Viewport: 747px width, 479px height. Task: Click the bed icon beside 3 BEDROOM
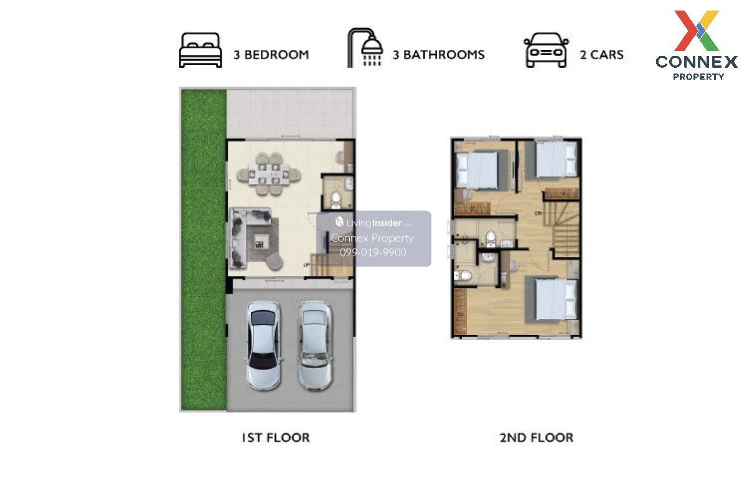click(200, 50)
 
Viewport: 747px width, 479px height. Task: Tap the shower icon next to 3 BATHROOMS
click(365, 48)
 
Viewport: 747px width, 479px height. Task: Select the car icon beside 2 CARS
click(546, 50)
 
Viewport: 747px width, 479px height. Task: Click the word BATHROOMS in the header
click(444, 55)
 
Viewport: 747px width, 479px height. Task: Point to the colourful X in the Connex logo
click(697, 31)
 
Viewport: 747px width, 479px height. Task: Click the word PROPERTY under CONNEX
click(698, 77)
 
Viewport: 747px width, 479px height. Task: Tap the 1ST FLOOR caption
click(275, 438)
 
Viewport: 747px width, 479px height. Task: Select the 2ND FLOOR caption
click(536, 438)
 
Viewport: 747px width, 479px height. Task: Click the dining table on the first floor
click(269, 174)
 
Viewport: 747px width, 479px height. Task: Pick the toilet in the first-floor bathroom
click(336, 199)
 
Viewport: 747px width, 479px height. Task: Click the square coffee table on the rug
click(259, 242)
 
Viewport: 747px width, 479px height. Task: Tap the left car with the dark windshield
click(263, 346)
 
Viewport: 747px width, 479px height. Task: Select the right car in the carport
click(315, 346)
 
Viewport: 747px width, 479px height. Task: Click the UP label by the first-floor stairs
click(306, 265)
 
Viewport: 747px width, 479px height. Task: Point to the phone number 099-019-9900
click(373, 252)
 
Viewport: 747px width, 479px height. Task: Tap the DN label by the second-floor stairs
click(538, 213)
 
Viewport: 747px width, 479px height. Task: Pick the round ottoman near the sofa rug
click(275, 261)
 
